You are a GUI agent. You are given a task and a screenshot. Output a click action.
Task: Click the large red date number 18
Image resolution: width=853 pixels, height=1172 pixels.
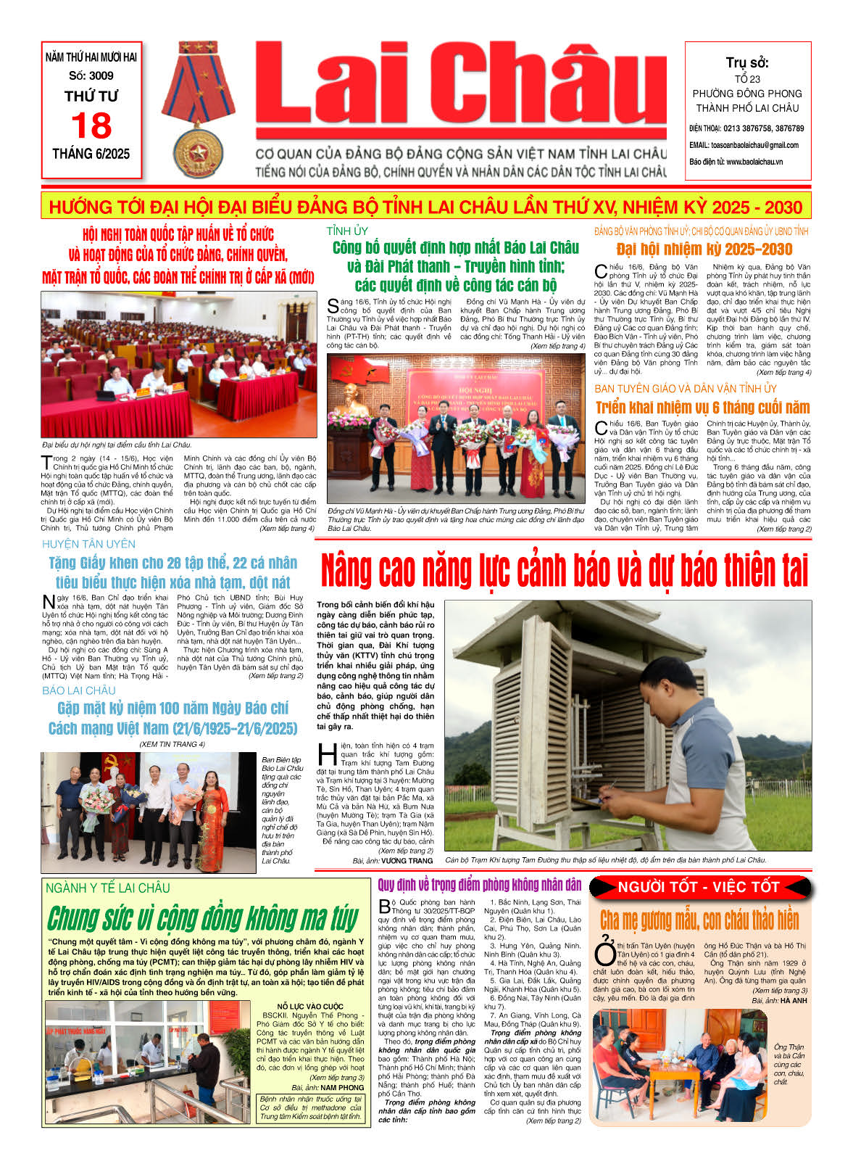coord(91,125)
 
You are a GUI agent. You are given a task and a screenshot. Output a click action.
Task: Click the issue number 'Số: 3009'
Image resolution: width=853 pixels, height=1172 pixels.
coord(91,75)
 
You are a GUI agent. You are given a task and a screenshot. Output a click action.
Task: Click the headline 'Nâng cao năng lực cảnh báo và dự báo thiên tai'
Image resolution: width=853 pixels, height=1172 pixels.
coord(564,570)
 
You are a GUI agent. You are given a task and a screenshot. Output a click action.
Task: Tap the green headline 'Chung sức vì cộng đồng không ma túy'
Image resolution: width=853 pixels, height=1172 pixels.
coord(203,919)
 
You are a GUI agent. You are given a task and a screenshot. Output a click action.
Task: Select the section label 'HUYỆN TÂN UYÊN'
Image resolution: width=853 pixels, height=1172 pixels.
coord(88,544)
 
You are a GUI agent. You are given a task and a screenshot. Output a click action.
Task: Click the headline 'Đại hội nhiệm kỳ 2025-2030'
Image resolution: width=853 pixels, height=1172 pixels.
coord(704,249)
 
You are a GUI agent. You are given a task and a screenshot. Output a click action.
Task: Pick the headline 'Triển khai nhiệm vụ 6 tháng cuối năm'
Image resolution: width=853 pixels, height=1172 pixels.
coord(702,408)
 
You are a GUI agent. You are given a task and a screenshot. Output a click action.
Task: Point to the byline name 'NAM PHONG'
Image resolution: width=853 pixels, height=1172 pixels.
coord(342,1088)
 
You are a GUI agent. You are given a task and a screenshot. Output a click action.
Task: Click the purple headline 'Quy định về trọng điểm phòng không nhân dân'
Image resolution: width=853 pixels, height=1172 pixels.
coord(480,885)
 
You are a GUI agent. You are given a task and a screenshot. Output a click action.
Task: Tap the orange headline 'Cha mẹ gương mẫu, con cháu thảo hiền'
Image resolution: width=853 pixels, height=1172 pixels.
coord(699,920)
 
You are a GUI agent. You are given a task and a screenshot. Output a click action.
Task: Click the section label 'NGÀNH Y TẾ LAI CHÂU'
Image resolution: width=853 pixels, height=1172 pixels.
coord(108,888)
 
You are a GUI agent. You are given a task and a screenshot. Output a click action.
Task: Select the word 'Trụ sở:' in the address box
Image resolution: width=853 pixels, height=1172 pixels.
coord(747,63)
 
